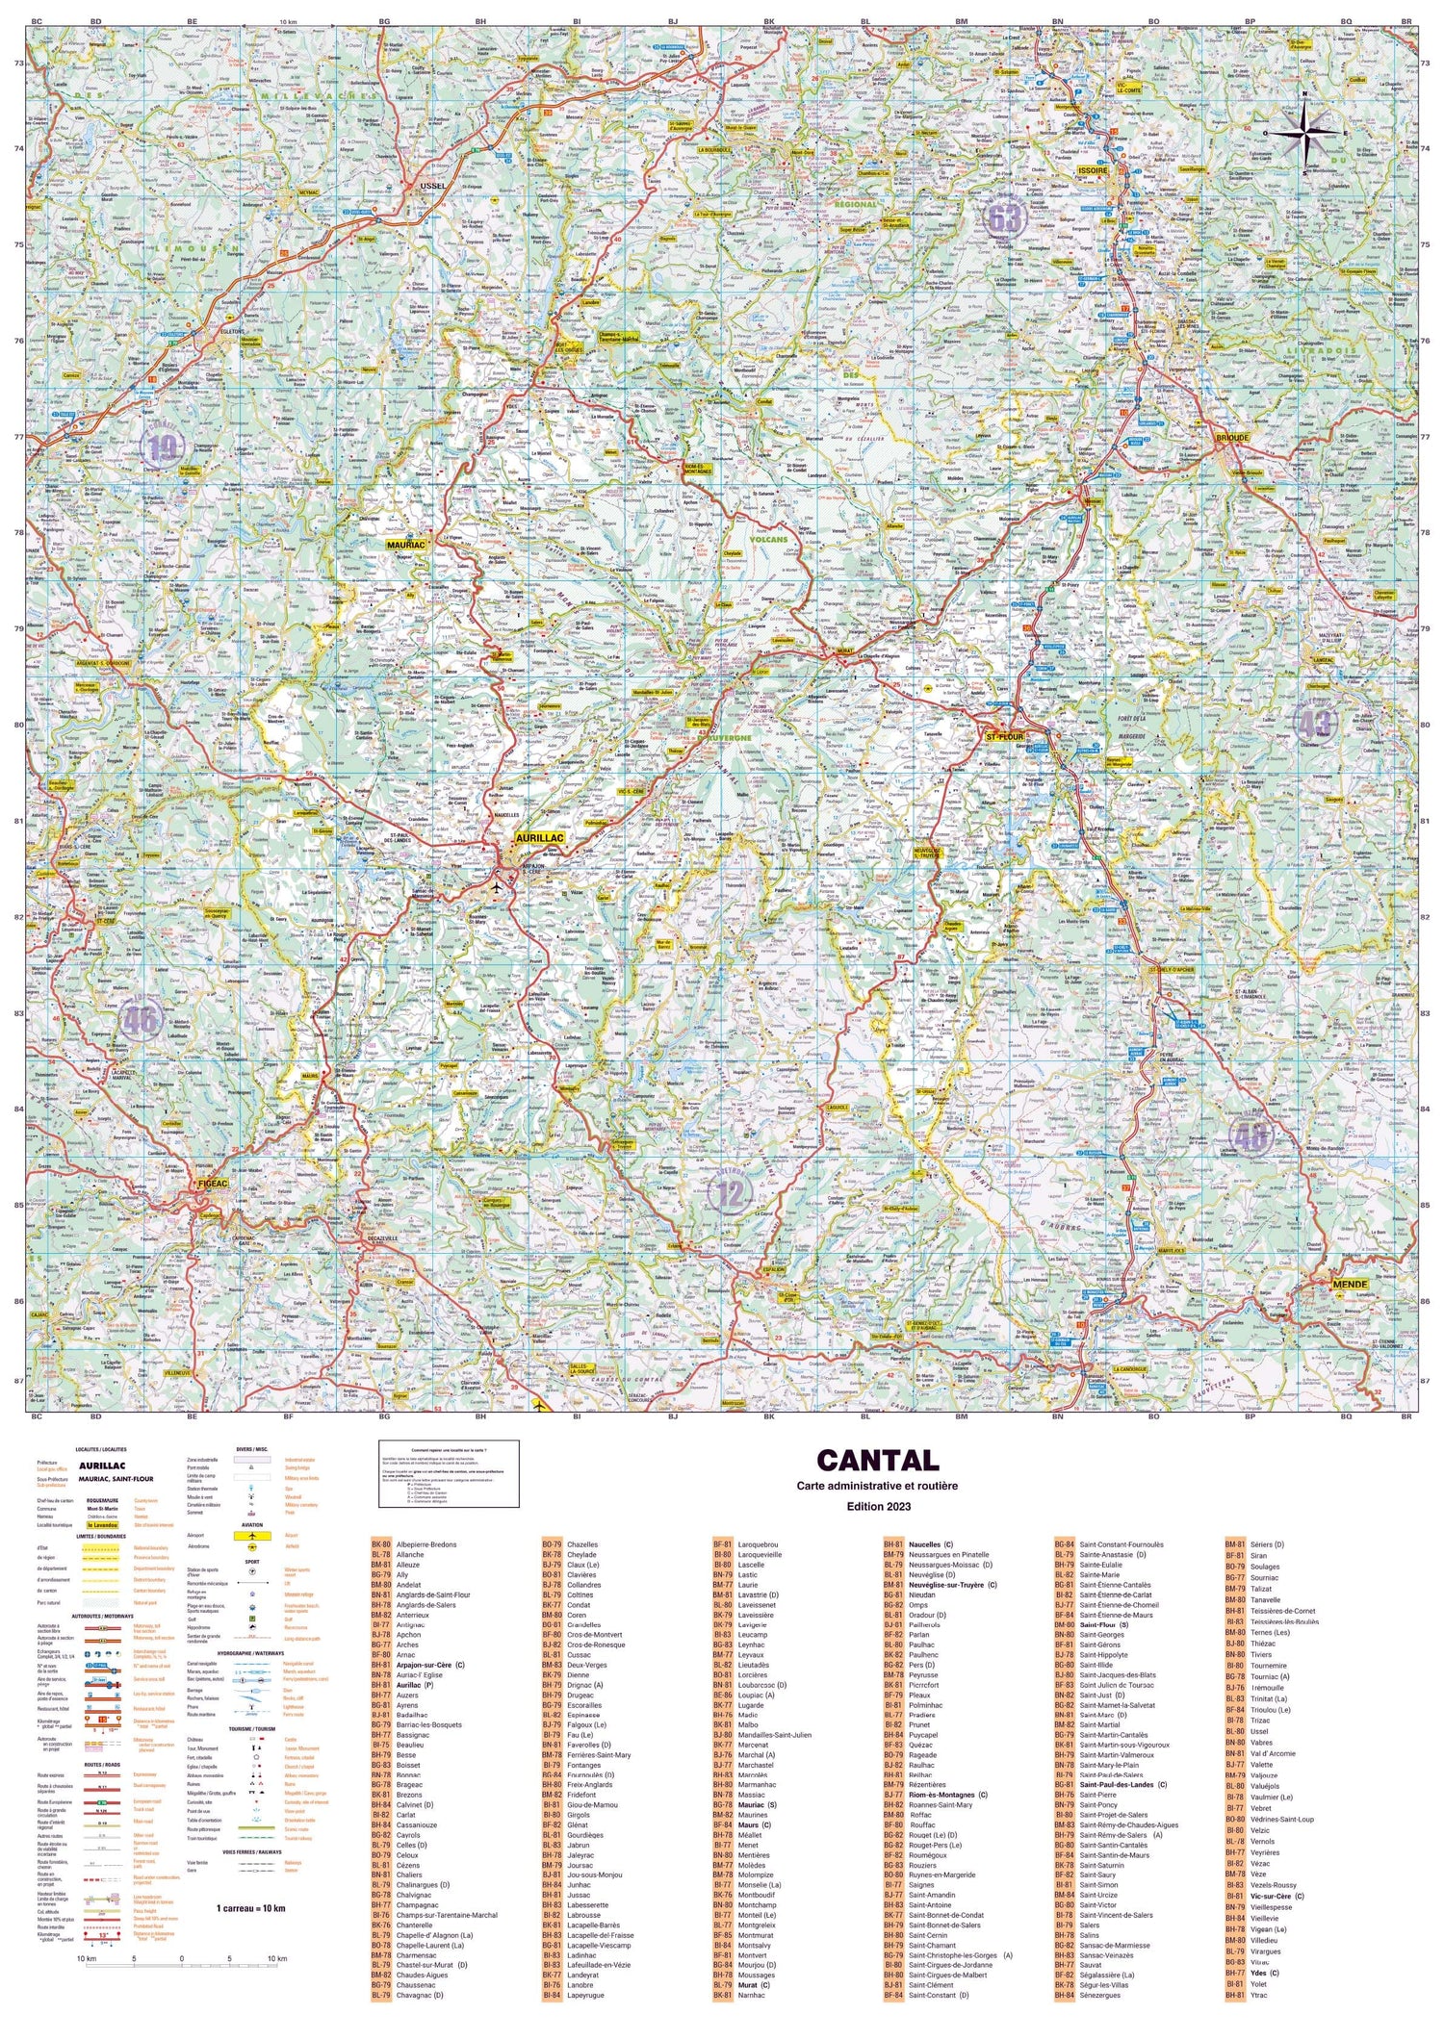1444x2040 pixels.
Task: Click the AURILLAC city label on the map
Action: click(x=539, y=838)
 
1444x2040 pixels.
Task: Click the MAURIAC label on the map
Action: click(x=405, y=545)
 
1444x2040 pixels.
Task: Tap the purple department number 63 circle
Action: click(x=1004, y=217)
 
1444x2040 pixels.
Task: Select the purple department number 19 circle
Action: click(x=163, y=445)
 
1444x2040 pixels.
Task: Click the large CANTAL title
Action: click(x=877, y=1461)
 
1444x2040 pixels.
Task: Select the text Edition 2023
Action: click(x=877, y=1504)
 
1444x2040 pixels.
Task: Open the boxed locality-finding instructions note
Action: click(x=449, y=1473)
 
